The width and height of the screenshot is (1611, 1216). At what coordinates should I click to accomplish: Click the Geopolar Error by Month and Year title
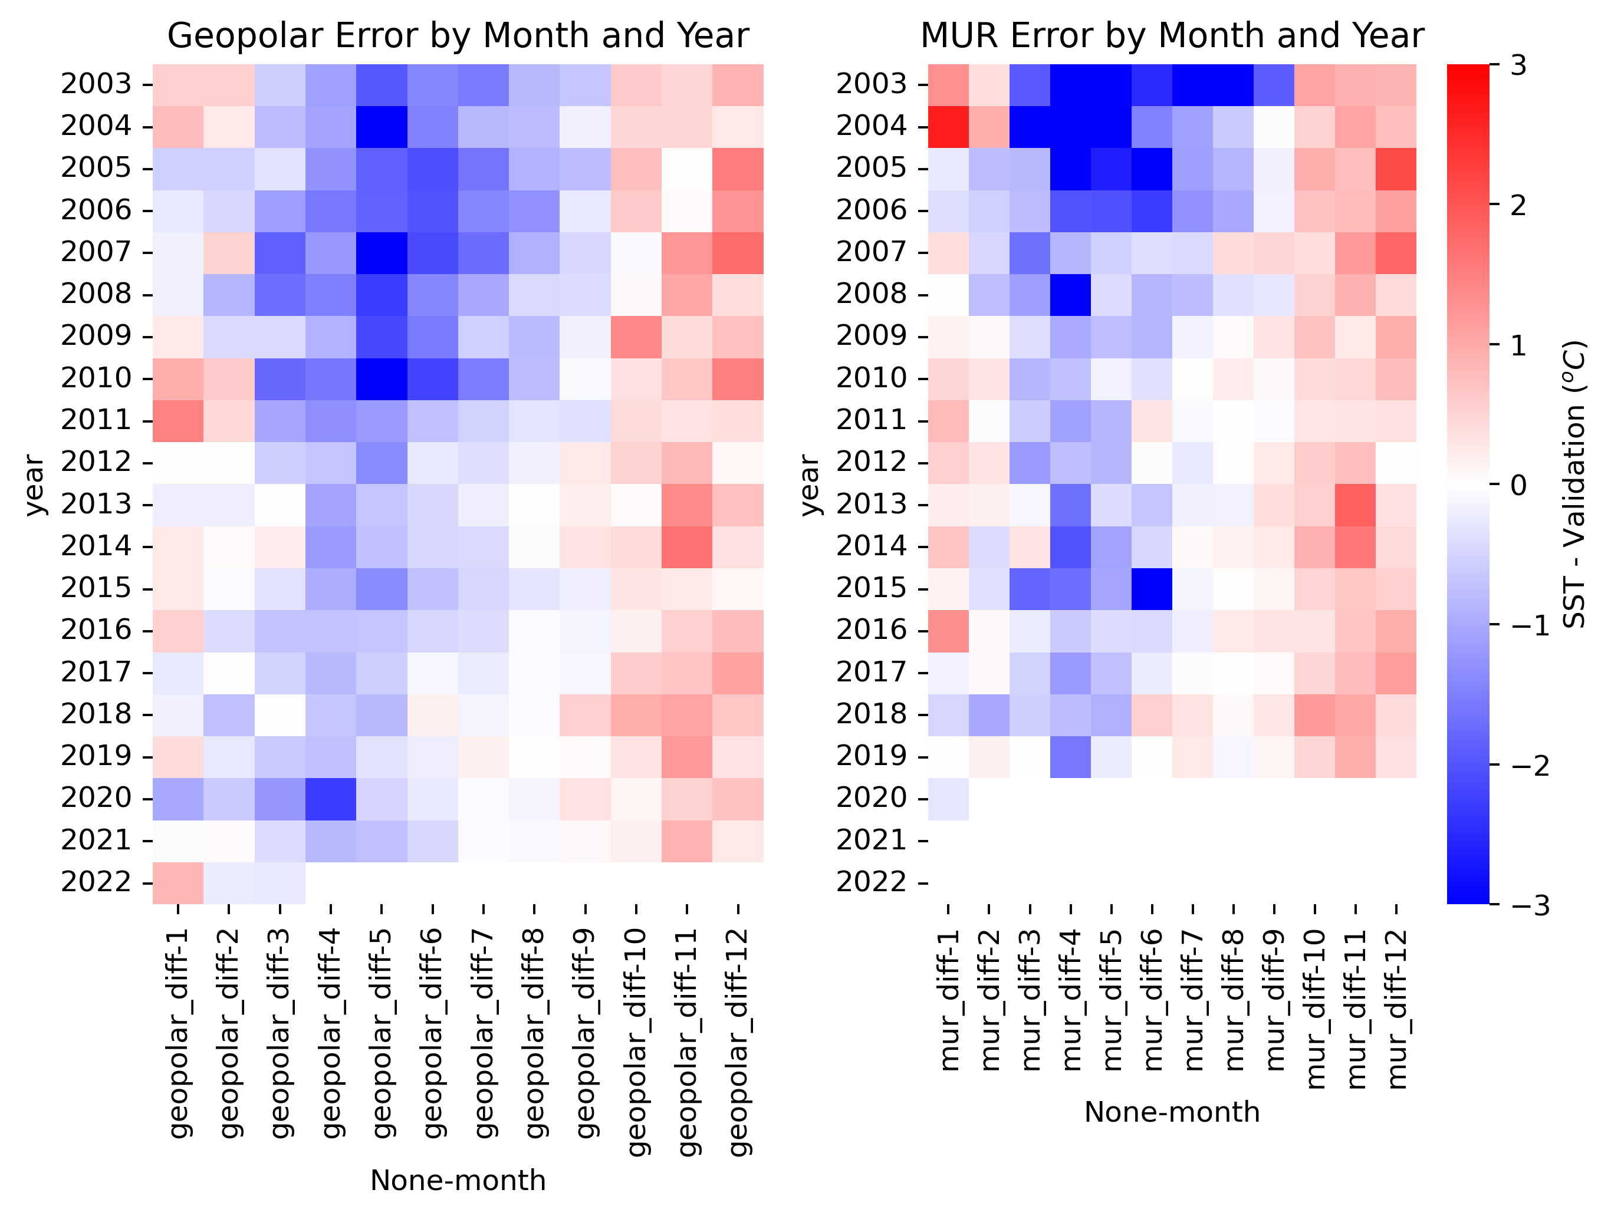tap(458, 36)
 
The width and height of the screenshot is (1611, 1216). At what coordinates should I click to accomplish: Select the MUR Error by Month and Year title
tap(1172, 36)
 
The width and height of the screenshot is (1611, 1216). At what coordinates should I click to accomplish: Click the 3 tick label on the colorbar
tap(1518, 65)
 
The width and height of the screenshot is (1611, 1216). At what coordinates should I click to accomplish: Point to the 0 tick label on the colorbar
tap(1518, 485)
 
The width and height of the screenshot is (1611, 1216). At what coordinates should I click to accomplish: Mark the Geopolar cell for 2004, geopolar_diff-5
tap(382, 127)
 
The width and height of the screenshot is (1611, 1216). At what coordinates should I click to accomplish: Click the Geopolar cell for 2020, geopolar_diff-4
tap(331, 799)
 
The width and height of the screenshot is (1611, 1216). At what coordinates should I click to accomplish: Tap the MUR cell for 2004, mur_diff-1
tap(949, 127)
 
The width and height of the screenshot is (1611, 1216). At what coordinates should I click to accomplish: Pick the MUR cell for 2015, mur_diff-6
tap(1152, 588)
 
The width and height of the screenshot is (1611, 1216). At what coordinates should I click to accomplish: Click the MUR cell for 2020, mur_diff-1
tap(949, 799)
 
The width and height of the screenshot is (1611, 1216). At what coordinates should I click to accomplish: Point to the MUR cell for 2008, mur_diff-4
tap(1071, 295)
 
